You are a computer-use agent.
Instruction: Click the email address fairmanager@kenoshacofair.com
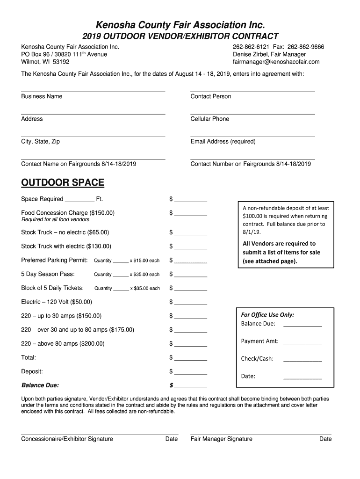276,62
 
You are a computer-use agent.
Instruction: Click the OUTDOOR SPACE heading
63,182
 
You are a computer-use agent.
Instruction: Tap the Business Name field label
42,96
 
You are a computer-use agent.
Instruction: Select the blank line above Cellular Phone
252,113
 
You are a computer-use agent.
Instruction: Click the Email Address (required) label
223,141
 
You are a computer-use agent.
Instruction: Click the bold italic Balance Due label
40,385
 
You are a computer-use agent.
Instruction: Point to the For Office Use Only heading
267,315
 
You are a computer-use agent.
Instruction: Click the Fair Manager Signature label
222,439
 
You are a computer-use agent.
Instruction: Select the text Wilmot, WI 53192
45,62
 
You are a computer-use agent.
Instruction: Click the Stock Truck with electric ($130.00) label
66,246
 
